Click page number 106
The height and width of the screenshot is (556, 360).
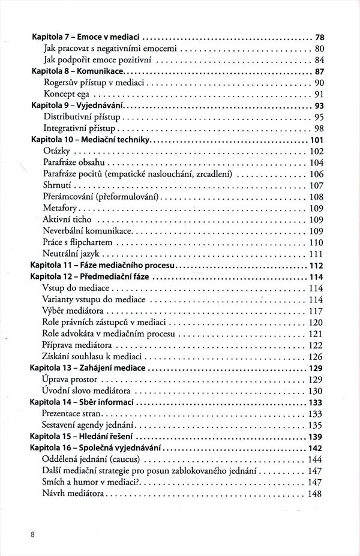pos(316,174)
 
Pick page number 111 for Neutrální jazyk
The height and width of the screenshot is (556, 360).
pos(316,254)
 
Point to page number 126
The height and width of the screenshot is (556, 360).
pos(316,357)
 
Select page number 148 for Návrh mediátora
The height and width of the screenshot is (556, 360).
pos(316,494)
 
